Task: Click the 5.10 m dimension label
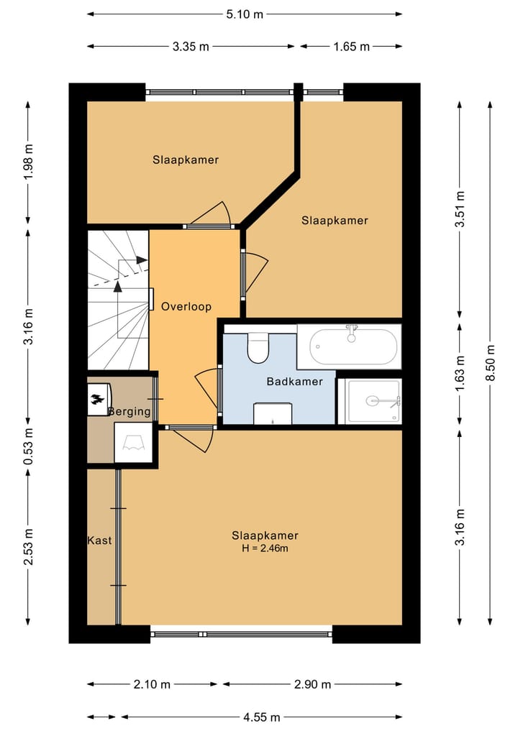(x=245, y=14)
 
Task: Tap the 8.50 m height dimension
(x=491, y=363)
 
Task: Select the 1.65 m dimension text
(x=351, y=47)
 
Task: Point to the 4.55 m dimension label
(x=261, y=717)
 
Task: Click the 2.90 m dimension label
(x=312, y=684)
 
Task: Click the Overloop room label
(x=186, y=307)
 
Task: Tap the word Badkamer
(x=294, y=382)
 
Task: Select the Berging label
(x=129, y=411)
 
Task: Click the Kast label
(x=99, y=541)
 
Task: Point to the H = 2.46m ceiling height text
(x=265, y=548)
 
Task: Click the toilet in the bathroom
(x=258, y=347)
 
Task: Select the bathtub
(x=349, y=346)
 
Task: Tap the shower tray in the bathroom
(x=369, y=401)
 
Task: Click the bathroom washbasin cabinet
(x=273, y=413)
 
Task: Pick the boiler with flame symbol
(x=99, y=399)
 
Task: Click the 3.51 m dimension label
(x=460, y=209)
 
